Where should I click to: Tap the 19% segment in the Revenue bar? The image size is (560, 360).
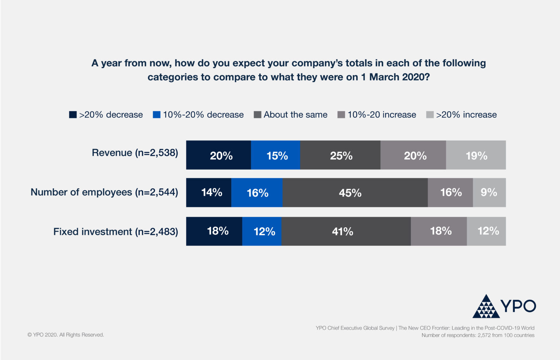tap(476, 155)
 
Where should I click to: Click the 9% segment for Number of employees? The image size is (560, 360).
tap(489, 193)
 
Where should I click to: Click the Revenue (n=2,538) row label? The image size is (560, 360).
tap(135, 152)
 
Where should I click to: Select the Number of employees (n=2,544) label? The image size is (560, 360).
tap(104, 192)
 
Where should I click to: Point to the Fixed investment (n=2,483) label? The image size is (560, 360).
tap(116, 232)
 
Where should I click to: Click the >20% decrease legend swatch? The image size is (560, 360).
tap(73, 115)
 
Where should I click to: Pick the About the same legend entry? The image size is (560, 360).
tap(291, 115)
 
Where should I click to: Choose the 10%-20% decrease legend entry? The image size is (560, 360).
tap(198, 115)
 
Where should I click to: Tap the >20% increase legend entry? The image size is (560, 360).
tap(462, 115)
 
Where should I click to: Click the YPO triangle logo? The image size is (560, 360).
tap(486, 307)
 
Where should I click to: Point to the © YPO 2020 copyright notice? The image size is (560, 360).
tap(66, 335)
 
